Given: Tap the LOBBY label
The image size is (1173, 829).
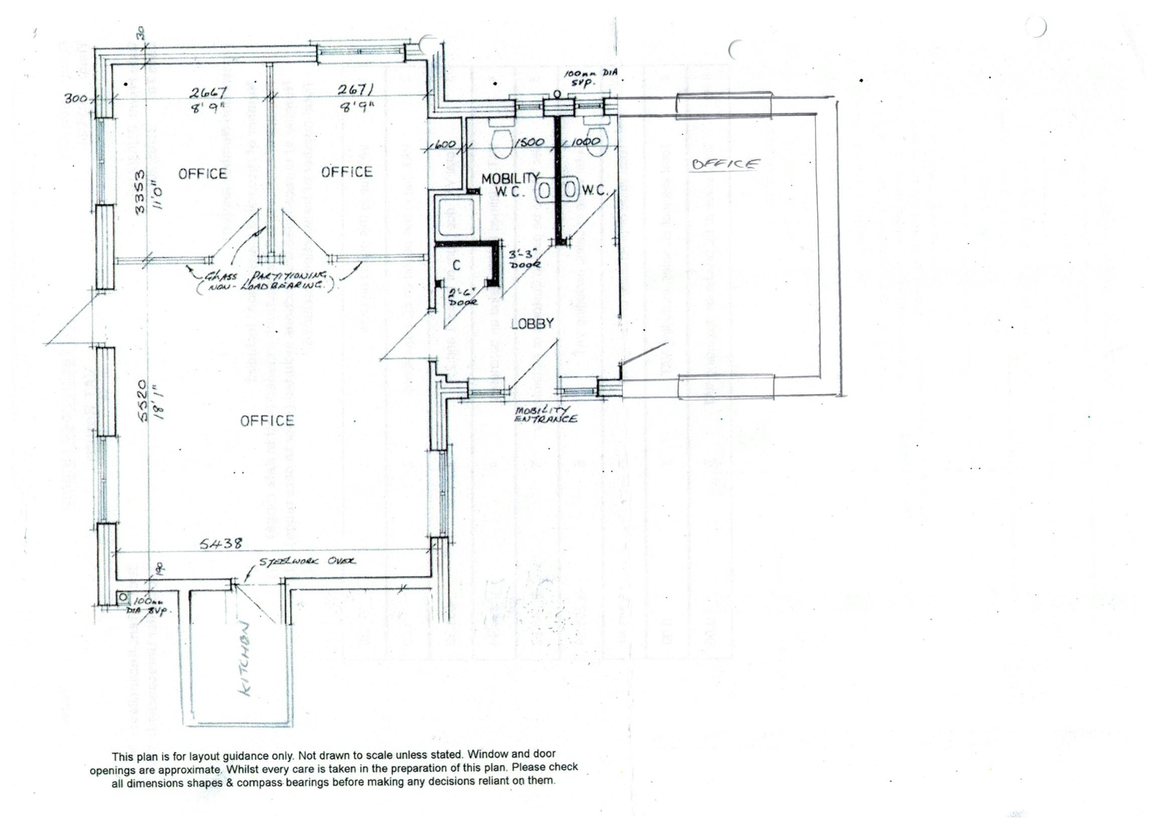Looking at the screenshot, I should (x=532, y=323).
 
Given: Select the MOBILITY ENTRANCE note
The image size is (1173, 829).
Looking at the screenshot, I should (x=546, y=415).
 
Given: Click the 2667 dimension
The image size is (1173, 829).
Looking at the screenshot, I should (x=208, y=93).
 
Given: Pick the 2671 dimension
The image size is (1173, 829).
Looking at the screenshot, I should (x=356, y=90).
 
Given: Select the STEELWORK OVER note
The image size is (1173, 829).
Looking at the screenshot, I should (x=308, y=561).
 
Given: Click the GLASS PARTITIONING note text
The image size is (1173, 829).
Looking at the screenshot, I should (x=266, y=280).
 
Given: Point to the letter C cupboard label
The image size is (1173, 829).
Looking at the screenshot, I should (x=456, y=265).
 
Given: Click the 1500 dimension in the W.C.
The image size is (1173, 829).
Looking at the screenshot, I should (x=529, y=142).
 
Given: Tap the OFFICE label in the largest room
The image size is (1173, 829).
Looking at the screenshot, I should (x=267, y=421).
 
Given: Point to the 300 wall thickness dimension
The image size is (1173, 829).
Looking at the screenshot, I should (x=75, y=98).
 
